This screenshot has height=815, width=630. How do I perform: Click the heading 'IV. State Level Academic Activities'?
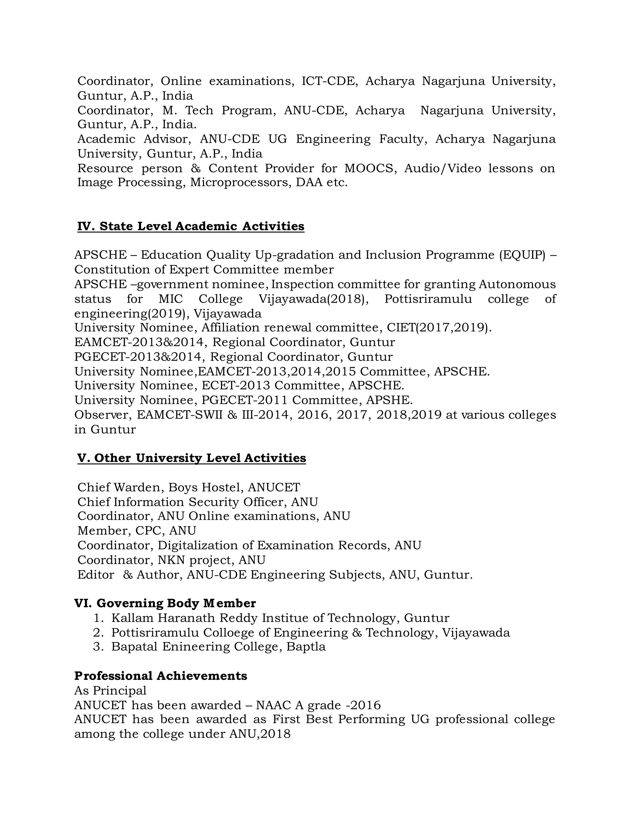(x=191, y=226)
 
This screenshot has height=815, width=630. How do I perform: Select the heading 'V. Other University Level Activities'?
(x=191, y=458)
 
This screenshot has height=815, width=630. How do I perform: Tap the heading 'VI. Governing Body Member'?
(x=165, y=603)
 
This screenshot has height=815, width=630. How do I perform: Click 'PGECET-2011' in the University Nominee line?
(x=245, y=400)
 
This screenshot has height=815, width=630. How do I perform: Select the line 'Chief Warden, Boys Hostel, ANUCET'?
(x=189, y=487)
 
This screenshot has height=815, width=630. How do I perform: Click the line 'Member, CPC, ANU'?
(x=137, y=531)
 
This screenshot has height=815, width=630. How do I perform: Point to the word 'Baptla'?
(x=306, y=647)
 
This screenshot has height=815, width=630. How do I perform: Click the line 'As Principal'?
(x=110, y=690)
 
